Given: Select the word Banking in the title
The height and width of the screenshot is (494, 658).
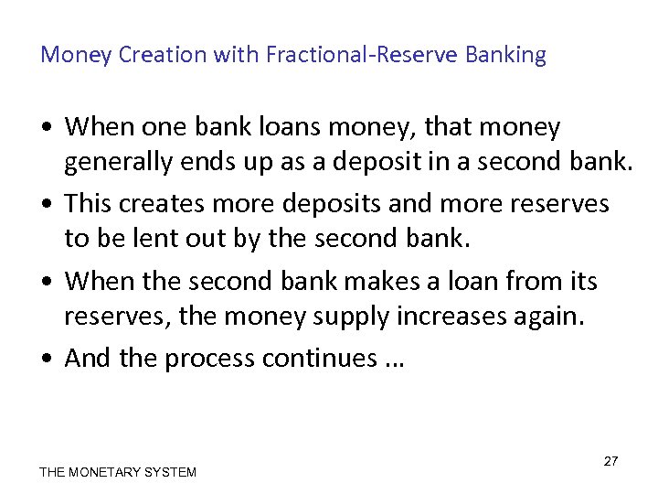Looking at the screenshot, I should tap(505, 55).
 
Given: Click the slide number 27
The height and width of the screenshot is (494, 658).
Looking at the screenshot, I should tap(610, 461).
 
